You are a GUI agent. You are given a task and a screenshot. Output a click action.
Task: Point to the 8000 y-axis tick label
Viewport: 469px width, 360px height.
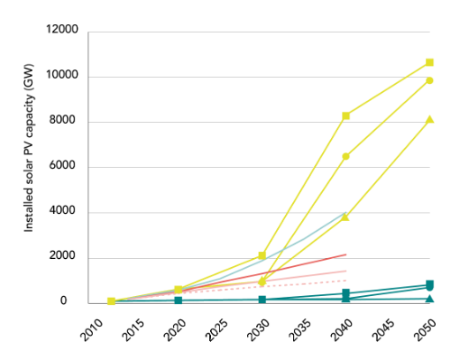click(65, 122)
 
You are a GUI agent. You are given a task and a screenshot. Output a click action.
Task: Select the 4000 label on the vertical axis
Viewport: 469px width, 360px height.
click(65, 212)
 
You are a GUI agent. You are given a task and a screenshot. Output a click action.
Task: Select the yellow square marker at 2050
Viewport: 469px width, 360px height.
click(429, 62)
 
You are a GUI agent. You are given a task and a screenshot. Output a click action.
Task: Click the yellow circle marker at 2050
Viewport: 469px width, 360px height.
click(429, 80)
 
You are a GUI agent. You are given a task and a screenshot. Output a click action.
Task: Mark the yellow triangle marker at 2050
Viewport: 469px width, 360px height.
click(429, 119)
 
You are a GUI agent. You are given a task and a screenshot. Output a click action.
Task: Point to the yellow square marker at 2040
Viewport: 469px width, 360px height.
click(345, 115)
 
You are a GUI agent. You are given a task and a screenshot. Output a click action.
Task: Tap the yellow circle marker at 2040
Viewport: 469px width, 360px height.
click(345, 156)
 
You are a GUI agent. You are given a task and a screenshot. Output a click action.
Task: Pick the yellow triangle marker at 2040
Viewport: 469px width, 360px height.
click(345, 217)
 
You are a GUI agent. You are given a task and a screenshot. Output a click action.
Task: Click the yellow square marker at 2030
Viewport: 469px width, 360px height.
click(262, 255)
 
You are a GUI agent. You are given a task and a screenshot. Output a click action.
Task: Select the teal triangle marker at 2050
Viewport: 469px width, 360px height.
click(429, 299)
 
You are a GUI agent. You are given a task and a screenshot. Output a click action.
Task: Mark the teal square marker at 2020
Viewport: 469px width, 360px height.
click(178, 300)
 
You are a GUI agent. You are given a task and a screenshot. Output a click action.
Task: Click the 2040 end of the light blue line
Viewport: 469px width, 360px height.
click(345, 213)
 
